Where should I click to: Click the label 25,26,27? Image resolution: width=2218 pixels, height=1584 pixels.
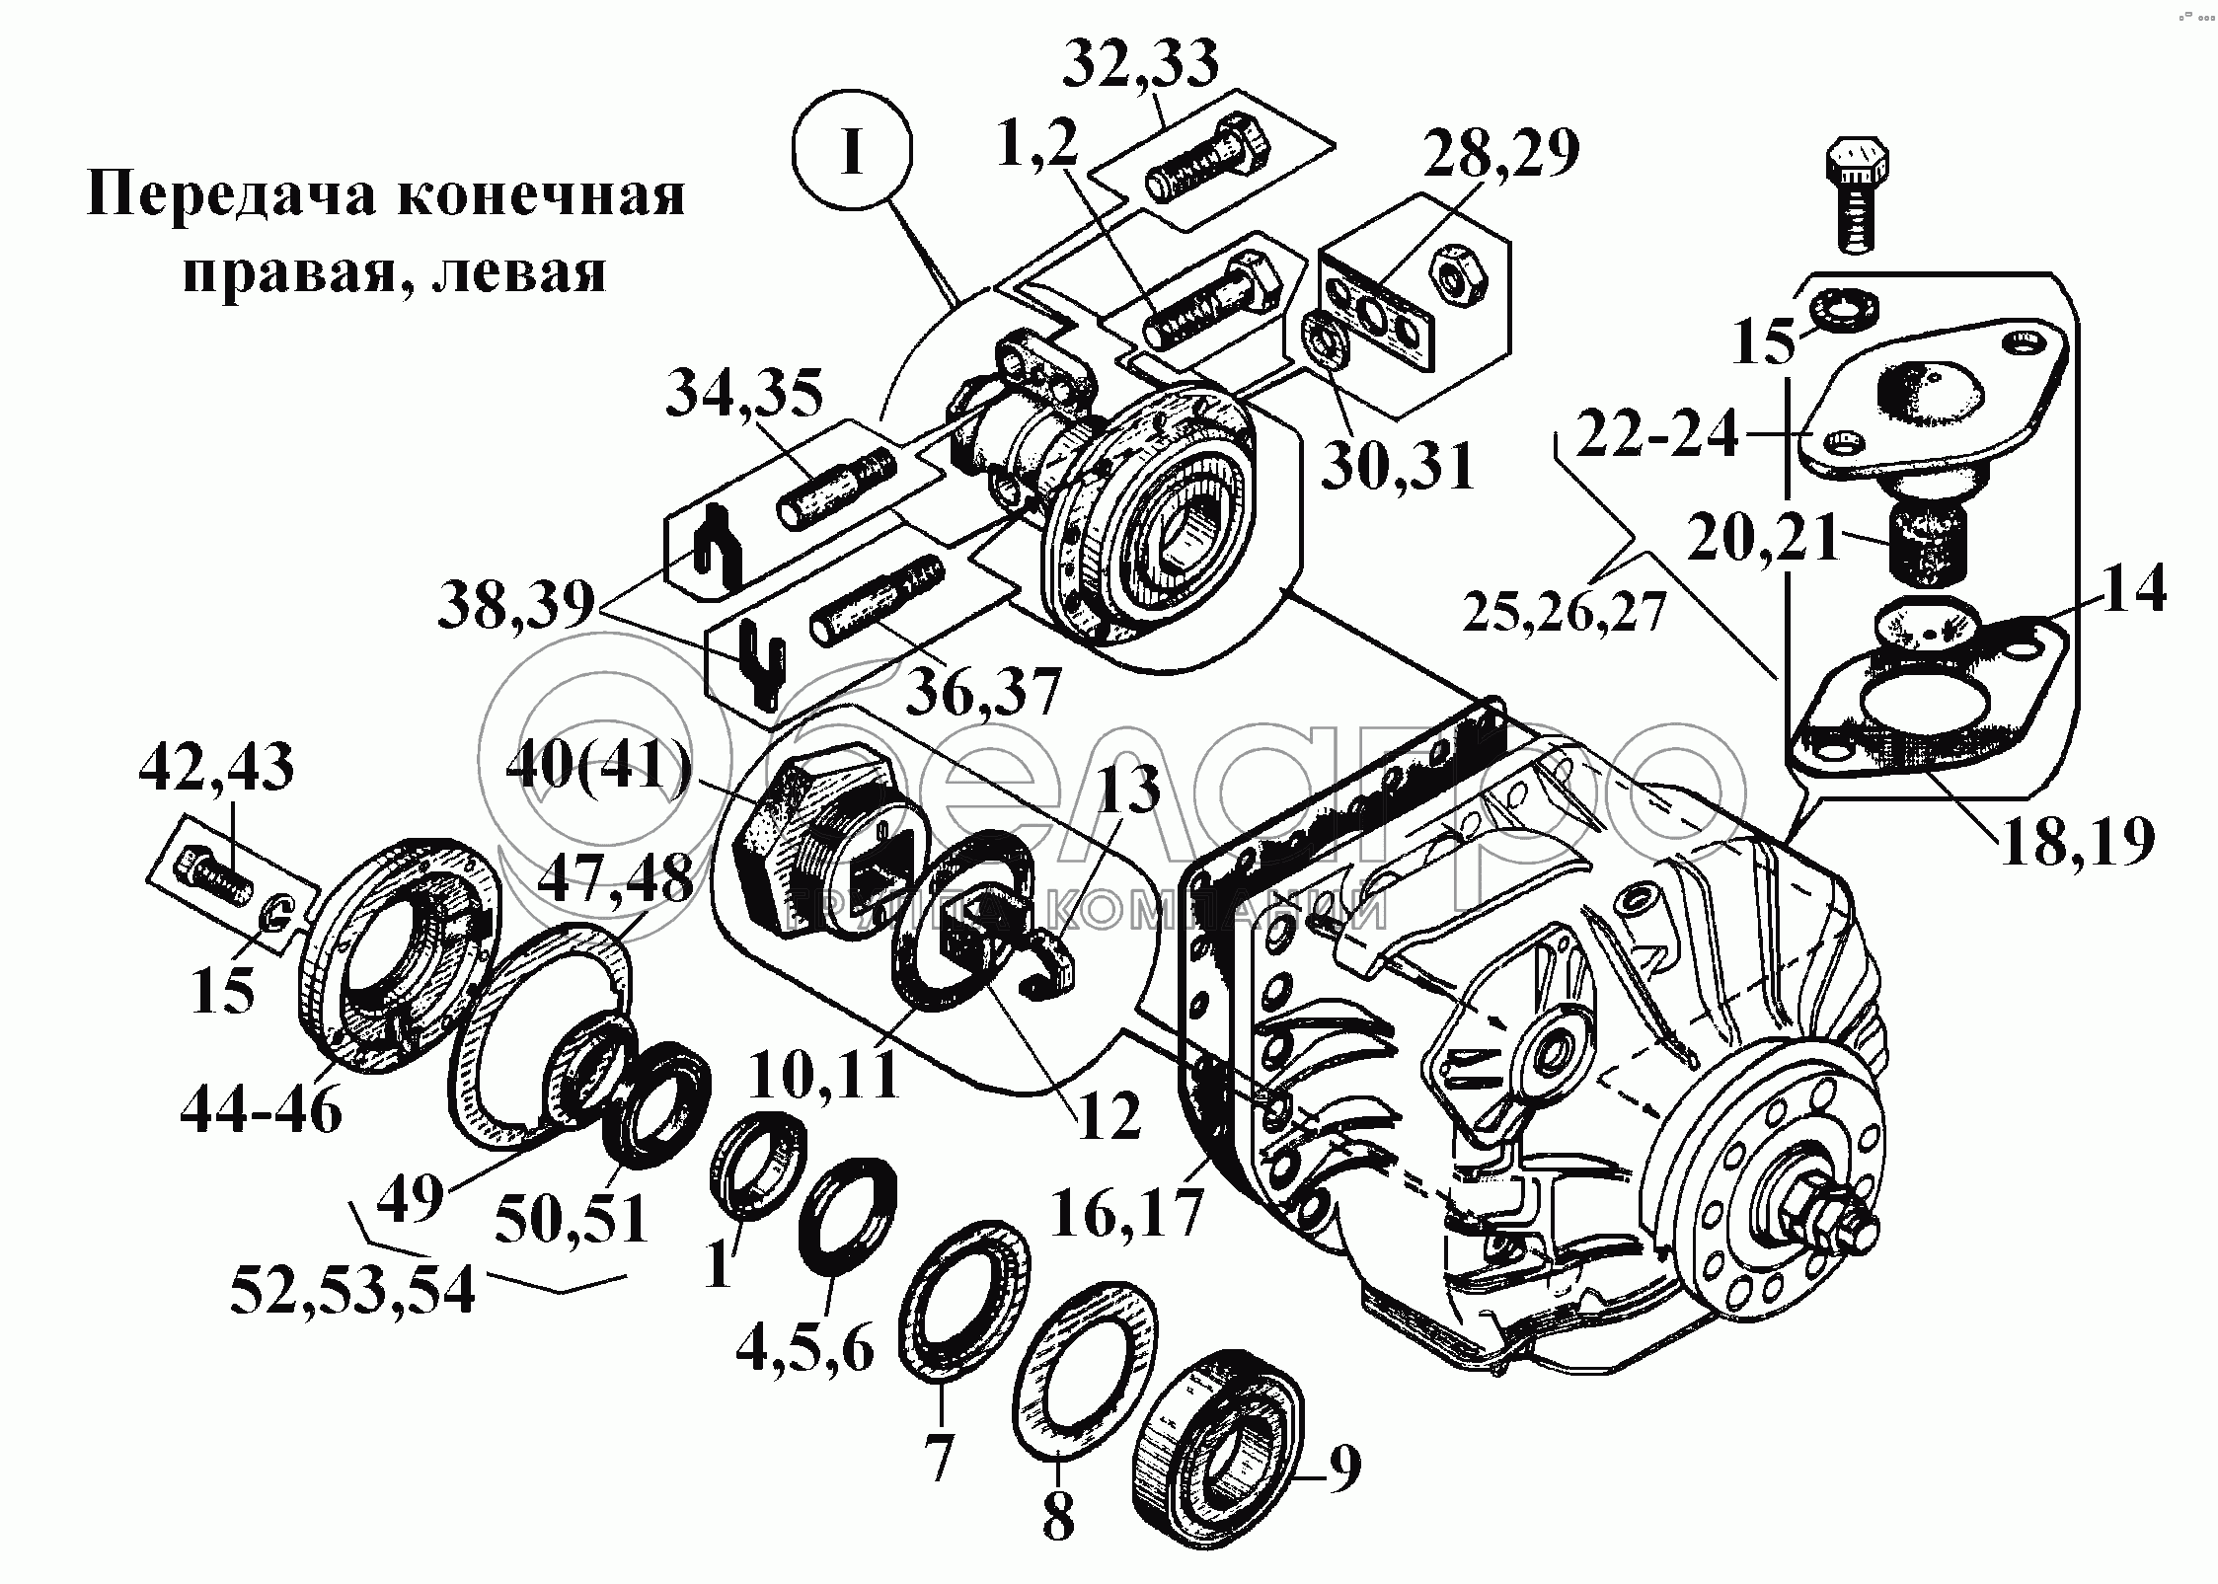(1565, 613)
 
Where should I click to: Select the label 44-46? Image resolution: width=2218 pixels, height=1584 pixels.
(262, 1112)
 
